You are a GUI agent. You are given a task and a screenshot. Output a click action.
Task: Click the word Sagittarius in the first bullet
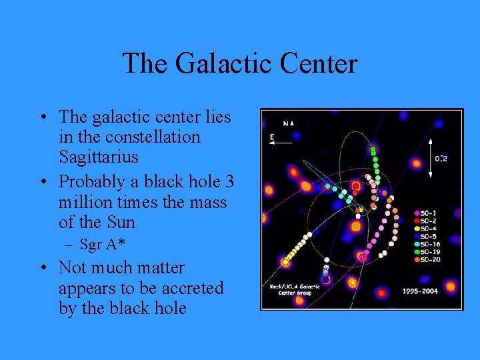pos(99,157)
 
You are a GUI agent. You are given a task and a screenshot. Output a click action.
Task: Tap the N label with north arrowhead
pos(288,123)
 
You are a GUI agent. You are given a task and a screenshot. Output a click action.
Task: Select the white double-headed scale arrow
pos(430,157)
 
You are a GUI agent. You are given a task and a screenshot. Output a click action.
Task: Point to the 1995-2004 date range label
pos(420,291)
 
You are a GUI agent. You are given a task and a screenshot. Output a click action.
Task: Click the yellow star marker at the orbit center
pos(360,210)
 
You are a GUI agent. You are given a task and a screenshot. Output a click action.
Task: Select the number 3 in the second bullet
pos(229,181)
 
